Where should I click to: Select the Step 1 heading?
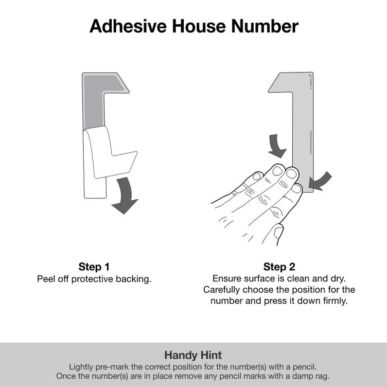pyautogui.click(x=94, y=267)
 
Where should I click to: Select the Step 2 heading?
pyautogui.click(x=279, y=267)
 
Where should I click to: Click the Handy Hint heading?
pyautogui.click(x=193, y=355)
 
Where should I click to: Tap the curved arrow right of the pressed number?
pyautogui.click(x=321, y=181)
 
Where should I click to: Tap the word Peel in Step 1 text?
pyautogui.click(x=46, y=280)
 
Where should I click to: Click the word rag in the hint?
pyautogui.click(x=323, y=376)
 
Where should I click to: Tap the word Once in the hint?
pyautogui.click(x=66, y=376)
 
